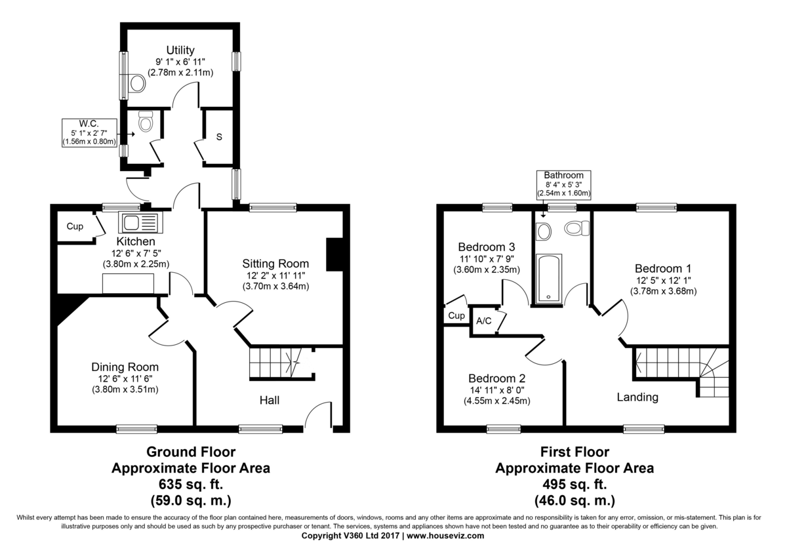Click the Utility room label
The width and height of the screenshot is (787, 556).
pyautogui.click(x=180, y=50)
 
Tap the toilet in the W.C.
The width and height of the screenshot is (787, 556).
pyautogui.click(x=146, y=121)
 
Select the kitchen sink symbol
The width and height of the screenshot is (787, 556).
pyautogui.click(x=140, y=222)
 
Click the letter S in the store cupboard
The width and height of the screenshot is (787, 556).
pyautogui.click(x=219, y=137)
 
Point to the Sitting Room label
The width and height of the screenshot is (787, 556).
pyautogui.click(x=275, y=264)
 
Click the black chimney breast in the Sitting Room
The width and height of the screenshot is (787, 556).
pyautogui.click(x=334, y=254)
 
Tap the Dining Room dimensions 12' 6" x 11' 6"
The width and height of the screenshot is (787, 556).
pyautogui.click(x=125, y=378)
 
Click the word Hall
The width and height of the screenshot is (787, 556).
pyautogui.click(x=270, y=400)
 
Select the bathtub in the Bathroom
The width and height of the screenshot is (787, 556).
pyautogui.click(x=548, y=278)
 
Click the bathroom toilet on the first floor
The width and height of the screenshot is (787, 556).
pyautogui.click(x=576, y=228)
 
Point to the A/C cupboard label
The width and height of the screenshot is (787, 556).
pyautogui.click(x=484, y=321)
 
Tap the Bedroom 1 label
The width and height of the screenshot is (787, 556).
pyautogui.click(x=663, y=269)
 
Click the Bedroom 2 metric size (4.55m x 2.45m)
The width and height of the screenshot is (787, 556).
pyautogui.click(x=497, y=401)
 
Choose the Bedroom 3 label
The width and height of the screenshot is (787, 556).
pyautogui.click(x=487, y=247)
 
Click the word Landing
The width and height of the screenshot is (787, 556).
pyautogui.click(x=637, y=397)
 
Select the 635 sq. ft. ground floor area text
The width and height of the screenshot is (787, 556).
pyautogui.click(x=191, y=485)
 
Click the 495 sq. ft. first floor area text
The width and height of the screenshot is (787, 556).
pyautogui.click(x=575, y=485)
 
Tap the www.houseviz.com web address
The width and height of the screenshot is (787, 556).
pyautogui.click(x=445, y=536)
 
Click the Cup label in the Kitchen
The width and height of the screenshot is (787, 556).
pyautogui.click(x=75, y=227)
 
